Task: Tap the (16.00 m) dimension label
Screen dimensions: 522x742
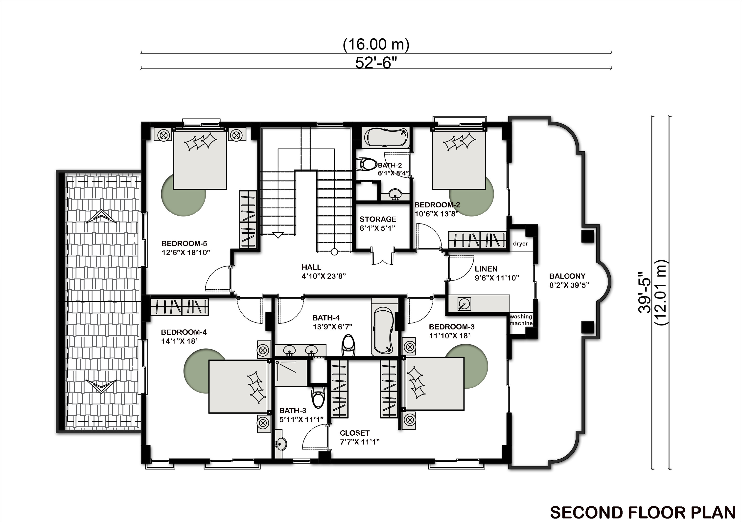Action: tap(376, 44)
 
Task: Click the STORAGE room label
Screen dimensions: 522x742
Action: tap(378, 219)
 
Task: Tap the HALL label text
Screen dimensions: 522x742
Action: tap(311, 267)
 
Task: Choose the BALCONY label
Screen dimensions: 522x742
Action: tap(567, 276)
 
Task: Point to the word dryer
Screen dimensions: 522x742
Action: tap(520, 244)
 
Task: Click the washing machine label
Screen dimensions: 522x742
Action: tap(521, 320)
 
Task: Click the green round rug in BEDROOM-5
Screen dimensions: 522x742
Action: tap(183, 194)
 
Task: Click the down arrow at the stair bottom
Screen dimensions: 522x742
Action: tap(278, 235)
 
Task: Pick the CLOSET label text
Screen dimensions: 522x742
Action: tap(354, 433)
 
